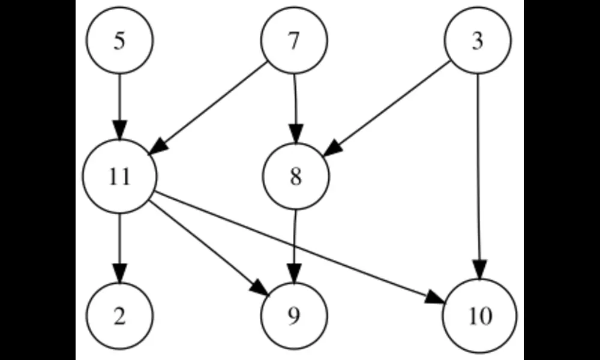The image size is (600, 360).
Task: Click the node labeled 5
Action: [x=120, y=41]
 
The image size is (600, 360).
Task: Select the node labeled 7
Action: [x=294, y=41]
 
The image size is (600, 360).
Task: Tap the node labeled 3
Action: [x=478, y=41]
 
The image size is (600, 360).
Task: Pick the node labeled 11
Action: [x=120, y=178]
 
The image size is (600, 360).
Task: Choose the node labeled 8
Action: [x=295, y=178]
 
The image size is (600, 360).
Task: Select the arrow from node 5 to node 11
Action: [x=120, y=102]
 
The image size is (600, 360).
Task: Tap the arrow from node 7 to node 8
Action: [x=295, y=102]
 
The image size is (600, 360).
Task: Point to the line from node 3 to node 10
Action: [x=478, y=168]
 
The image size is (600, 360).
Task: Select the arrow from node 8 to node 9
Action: [x=295, y=240]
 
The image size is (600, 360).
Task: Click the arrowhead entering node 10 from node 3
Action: [x=479, y=270]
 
